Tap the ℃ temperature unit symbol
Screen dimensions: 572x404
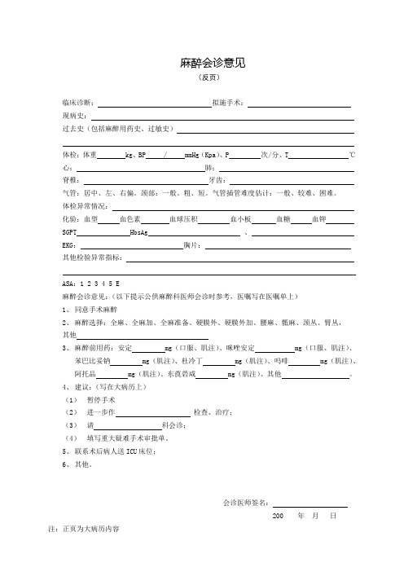coord(351,155)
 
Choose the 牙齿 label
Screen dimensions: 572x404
coord(217,181)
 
